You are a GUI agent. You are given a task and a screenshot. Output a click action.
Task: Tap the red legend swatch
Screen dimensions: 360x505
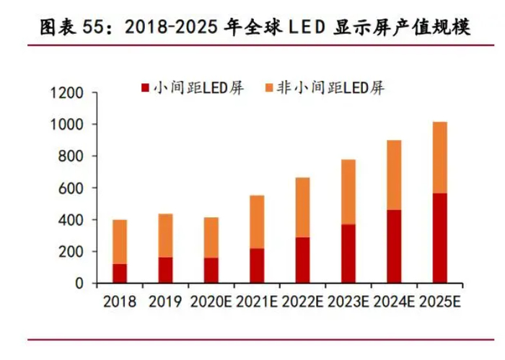pos(145,88)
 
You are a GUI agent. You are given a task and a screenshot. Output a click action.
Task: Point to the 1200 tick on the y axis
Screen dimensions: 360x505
pos(69,93)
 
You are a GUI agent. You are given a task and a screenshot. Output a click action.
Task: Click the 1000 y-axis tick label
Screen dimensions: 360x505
pos(69,125)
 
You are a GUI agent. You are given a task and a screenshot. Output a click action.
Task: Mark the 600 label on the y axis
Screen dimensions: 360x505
pos(73,188)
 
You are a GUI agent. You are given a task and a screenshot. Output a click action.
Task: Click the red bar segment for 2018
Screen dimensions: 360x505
pos(120,273)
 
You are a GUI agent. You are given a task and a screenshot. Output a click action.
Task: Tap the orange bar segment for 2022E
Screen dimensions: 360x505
pos(303,207)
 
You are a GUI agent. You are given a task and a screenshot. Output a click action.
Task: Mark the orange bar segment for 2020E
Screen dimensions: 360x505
pos(211,237)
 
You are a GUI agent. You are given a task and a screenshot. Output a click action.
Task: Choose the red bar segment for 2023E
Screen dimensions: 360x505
pos(349,253)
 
